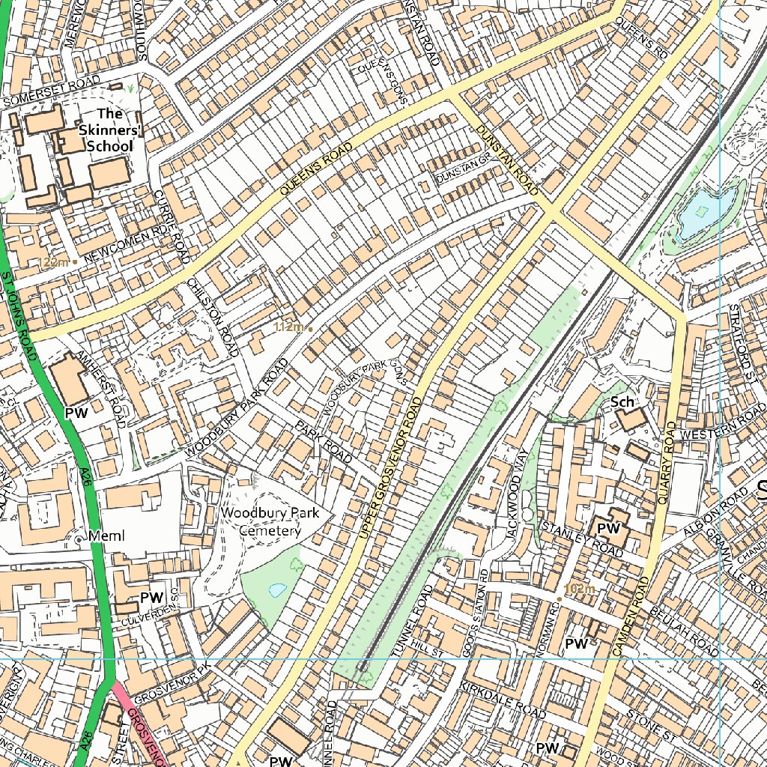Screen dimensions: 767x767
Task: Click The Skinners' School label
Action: pos(109,130)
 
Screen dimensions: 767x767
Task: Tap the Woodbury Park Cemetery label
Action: pos(270,521)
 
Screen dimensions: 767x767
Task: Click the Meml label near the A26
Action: pos(105,536)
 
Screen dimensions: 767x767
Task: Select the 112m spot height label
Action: pos(290,327)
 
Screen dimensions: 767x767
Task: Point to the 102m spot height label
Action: pos(580,589)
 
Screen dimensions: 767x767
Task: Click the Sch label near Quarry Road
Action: pos(622,402)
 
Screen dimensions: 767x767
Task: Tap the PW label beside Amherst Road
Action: pos(76,413)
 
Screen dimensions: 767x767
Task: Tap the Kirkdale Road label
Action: pos(503,700)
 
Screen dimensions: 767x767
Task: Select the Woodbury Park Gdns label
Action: pos(365,388)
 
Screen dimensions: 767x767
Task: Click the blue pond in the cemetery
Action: pos(276,589)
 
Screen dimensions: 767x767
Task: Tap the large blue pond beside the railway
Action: pos(703,212)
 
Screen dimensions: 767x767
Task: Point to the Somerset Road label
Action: pos(51,94)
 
